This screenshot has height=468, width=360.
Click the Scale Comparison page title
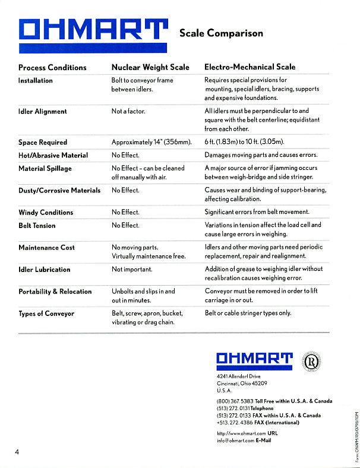coord(221,33)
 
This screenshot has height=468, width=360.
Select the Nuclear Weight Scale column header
coord(150,68)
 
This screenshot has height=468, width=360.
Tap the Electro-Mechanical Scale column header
coord(250,68)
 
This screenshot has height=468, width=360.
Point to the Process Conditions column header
coord(52,68)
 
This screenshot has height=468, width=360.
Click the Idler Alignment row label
coord(43,112)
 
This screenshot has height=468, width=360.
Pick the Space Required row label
coord(42,143)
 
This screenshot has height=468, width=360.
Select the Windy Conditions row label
coord(46,213)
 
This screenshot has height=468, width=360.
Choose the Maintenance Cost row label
coord(47,248)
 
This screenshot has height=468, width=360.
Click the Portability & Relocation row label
coord(55,292)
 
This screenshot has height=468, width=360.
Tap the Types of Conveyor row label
coord(46,314)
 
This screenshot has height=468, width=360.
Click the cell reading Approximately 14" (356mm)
coord(152,143)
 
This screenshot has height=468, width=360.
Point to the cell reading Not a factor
coord(128,112)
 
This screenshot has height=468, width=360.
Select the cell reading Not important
coord(132,270)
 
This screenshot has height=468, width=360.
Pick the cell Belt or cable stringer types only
coord(248,313)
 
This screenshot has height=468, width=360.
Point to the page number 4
coord(18,453)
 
